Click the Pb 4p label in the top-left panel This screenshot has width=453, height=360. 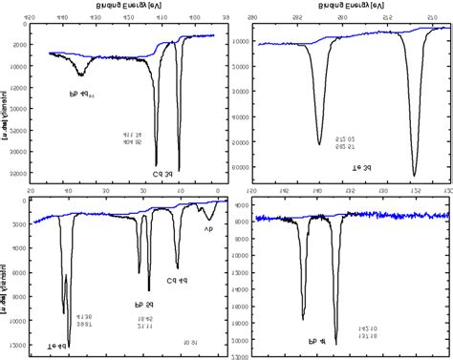coord(87,95)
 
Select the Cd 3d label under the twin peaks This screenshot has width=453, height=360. coord(164,174)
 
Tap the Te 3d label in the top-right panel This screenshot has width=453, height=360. coord(362,168)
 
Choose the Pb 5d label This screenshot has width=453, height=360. coord(144,305)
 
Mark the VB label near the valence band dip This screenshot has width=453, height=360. coord(208,229)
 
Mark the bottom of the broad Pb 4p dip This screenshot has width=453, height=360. coord(81,74)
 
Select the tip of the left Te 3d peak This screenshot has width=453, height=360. coord(319,144)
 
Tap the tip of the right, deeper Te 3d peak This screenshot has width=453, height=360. coord(414,175)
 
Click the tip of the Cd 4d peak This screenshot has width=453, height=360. coord(177,268)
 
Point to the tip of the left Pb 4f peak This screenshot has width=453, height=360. coord(303,319)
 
